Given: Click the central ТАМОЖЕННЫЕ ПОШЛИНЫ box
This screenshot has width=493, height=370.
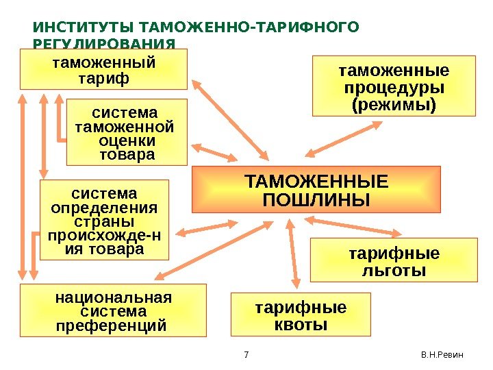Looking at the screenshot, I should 316,190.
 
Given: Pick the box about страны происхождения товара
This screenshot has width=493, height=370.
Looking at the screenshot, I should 104,220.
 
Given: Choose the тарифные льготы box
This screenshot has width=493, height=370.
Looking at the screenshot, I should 393,260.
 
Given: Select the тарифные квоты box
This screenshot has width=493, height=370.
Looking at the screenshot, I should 301,314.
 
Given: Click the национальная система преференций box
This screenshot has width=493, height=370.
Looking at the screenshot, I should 113,311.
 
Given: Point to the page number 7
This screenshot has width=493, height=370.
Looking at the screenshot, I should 246,354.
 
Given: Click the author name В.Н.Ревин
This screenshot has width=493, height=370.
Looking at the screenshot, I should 442,354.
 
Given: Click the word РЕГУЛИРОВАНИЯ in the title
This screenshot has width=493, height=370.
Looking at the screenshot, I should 103,44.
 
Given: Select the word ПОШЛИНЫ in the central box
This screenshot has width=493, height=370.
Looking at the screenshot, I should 316,201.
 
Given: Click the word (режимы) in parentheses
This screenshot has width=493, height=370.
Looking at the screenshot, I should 394,106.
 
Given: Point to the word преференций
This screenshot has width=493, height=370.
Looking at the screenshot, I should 113,325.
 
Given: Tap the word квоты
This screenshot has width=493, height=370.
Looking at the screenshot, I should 301,323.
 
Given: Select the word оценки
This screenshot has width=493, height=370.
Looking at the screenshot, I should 127,140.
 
